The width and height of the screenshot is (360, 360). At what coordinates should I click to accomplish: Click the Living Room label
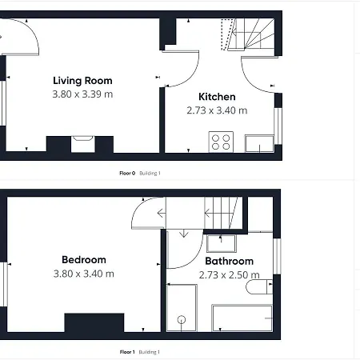coord(82,80)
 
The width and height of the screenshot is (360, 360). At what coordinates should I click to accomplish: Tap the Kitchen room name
coord(217,97)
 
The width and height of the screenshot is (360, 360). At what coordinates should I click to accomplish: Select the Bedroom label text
coord(83,260)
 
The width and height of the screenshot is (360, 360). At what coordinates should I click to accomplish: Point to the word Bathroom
coord(229,262)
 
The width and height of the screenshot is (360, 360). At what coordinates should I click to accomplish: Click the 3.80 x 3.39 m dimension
coord(82,94)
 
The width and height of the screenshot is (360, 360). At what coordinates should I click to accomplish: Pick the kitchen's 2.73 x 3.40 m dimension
coord(217,110)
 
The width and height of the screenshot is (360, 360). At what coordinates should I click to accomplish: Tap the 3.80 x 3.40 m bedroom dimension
coord(83,274)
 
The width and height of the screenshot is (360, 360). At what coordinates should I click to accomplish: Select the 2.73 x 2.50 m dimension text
coord(229,275)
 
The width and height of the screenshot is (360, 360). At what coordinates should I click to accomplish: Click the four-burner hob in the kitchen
coord(221,142)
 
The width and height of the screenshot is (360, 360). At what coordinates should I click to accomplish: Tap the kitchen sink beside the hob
coord(258,143)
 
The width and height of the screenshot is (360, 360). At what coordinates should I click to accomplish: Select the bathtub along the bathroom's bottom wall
coord(242,316)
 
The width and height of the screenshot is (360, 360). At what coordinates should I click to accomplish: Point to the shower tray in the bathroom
coord(182,309)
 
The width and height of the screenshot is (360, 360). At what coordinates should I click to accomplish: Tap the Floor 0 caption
coord(126,173)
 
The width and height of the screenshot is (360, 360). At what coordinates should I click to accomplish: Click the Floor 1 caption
coord(126,352)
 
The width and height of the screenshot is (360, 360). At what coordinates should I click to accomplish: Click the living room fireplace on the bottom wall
coord(83,143)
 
